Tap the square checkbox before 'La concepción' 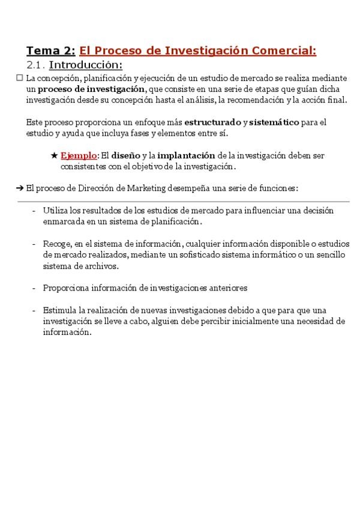coord(19,78)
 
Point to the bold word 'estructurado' coord(212,122)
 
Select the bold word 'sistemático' coord(274,122)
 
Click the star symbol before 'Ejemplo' coord(54,155)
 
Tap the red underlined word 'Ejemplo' coord(79,155)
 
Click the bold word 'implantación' coord(186,155)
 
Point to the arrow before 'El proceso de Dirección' coord(20,188)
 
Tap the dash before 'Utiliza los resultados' coord(34,211)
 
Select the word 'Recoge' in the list coord(56,244)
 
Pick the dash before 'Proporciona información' coord(34,288)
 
